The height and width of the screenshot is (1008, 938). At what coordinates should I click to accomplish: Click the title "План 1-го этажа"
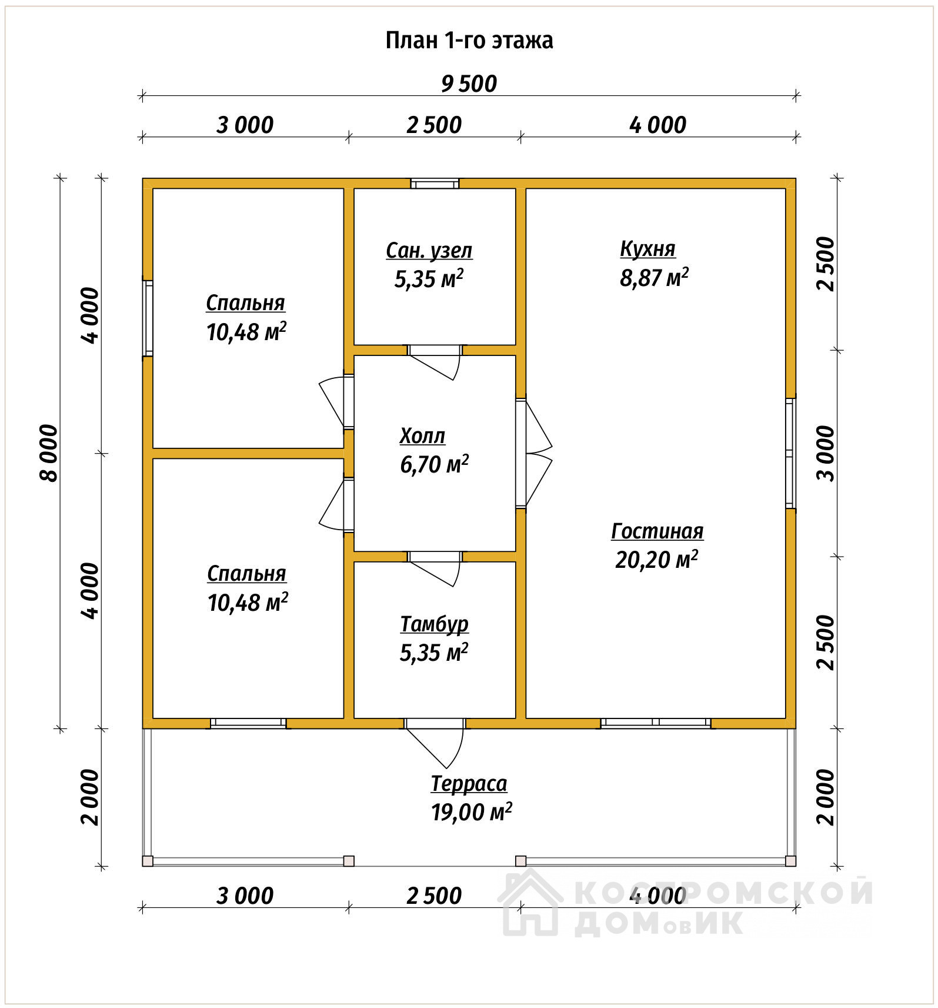pyautogui.click(x=469, y=41)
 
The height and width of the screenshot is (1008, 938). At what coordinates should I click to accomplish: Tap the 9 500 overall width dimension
pyautogui.click(x=469, y=84)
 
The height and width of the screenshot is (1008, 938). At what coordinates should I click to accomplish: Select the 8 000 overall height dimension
pyautogui.click(x=49, y=453)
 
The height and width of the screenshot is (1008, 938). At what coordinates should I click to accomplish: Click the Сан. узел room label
pyautogui.click(x=429, y=251)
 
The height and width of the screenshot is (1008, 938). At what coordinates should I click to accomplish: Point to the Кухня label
pyautogui.click(x=647, y=249)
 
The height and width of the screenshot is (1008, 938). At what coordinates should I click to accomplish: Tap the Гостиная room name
pyautogui.click(x=657, y=531)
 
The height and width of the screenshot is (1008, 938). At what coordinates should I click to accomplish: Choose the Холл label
pyautogui.click(x=422, y=436)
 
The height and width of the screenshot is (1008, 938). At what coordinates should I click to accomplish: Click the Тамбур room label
pyautogui.click(x=435, y=624)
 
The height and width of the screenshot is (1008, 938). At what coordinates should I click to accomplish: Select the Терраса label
pyautogui.click(x=469, y=784)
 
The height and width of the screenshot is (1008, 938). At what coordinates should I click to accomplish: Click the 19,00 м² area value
pyautogui.click(x=472, y=812)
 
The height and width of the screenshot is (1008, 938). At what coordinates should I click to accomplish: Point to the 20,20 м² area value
pyautogui.click(x=657, y=560)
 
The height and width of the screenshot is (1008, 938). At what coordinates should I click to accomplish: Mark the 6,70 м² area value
pyautogui.click(x=435, y=464)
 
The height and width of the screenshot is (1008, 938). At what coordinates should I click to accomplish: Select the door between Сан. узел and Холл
pyautogui.click(x=435, y=361)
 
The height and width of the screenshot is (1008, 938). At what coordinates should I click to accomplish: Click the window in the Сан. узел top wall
pyautogui.click(x=435, y=184)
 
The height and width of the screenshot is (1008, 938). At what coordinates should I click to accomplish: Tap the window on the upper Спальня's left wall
pyautogui.click(x=148, y=318)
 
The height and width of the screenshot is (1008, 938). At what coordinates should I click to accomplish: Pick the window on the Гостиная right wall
pyautogui.click(x=791, y=453)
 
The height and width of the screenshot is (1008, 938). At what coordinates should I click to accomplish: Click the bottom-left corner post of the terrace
pyautogui.click(x=148, y=861)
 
